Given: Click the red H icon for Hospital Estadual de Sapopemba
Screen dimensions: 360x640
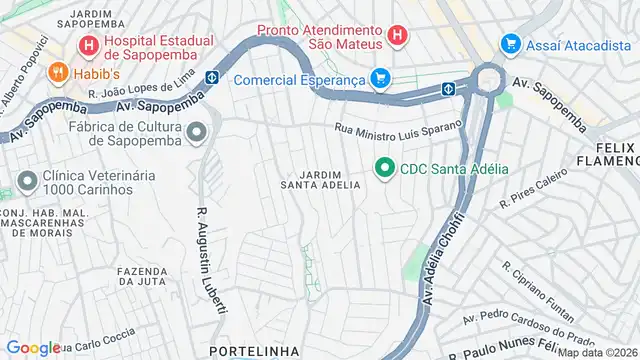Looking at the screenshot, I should (89, 45).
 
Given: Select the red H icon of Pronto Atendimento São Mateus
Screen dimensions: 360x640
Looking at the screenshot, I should (397, 35).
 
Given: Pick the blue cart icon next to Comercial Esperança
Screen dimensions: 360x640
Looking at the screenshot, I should (379, 77).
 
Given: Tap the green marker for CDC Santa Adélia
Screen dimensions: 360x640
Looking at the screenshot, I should (383, 168).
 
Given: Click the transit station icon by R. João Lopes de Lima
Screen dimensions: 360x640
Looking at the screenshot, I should (213, 76).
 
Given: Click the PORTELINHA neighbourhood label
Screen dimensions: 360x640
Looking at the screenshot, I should (249, 351).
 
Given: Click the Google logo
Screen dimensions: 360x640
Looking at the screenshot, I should (33, 347).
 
